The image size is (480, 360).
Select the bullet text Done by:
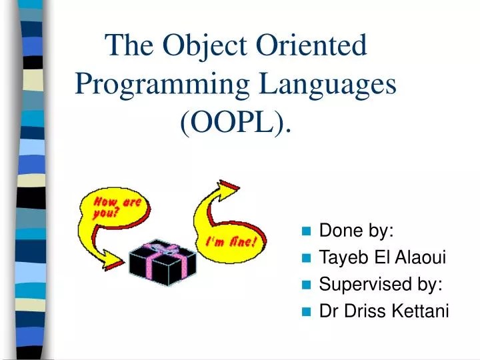point(357,231)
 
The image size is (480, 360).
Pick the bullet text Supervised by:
point(381,285)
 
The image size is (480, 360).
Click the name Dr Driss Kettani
point(384,311)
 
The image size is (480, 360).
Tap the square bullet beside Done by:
point(306,232)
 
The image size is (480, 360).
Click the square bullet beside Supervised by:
point(306,285)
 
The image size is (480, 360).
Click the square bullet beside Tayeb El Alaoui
point(306,259)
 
